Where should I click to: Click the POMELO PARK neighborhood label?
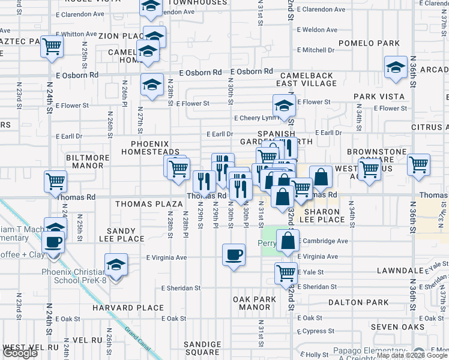click(377, 43)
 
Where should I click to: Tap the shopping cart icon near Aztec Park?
click(52, 46)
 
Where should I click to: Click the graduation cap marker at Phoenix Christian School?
click(116, 265)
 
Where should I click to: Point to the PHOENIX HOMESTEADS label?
click(155, 148)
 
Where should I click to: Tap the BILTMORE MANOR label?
click(88, 161)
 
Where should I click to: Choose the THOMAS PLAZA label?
click(142, 203)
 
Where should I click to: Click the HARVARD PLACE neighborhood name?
click(128, 308)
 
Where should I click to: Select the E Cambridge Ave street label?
click(324, 241)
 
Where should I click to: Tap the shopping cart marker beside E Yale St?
click(286, 273)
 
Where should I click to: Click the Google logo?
click(20, 353)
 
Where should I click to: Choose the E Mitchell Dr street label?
click(319, 50)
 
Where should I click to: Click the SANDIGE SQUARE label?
click(200, 348)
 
